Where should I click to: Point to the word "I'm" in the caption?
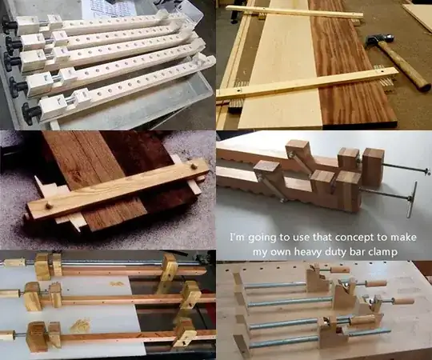[238, 238]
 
